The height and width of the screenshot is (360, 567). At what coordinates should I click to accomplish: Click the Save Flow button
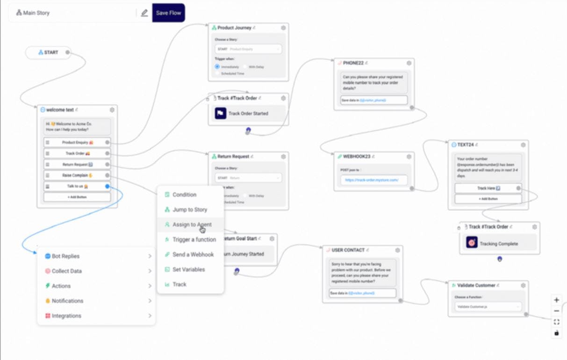(168, 13)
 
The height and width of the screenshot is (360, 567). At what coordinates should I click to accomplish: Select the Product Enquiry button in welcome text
(77, 142)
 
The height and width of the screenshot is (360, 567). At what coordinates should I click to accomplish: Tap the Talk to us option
(77, 186)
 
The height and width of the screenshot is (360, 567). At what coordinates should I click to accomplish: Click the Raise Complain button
(77, 175)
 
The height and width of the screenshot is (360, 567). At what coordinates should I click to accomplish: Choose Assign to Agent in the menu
(192, 224)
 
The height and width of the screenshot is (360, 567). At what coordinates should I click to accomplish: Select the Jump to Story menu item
(189, 209)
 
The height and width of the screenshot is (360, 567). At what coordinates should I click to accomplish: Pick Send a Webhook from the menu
(193, 254)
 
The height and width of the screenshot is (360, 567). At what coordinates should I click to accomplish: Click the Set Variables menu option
(188, 269)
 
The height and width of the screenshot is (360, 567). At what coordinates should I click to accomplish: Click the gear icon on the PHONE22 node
(409, 63)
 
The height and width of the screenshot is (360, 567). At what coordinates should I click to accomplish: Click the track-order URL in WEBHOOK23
(372, 180)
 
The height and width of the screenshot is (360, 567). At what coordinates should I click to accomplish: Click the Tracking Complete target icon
(472, 243)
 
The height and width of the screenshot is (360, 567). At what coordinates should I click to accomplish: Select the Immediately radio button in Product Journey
(217, 67)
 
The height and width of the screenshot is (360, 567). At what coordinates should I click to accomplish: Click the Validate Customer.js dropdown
(488, 307)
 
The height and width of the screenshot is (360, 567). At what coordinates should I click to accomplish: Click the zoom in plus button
(556, 300)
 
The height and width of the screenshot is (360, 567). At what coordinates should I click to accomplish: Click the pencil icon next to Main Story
(144, 13)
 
